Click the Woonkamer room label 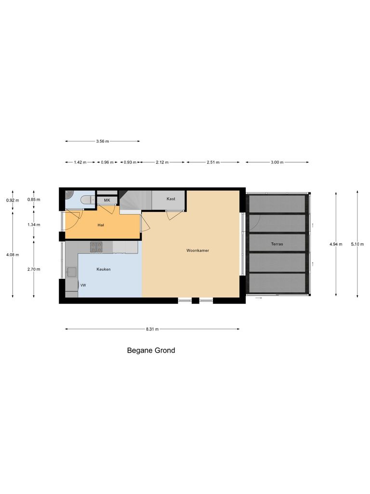point(198,251)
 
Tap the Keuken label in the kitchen point(104,269)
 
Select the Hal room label point(101,225)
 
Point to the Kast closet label point(171,199)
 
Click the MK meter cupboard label point(107,200)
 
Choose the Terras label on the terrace point(277,244)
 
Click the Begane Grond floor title point(151,351)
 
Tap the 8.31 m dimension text point(152,329)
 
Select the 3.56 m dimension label point(103,141)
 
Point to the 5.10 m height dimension point(357,244)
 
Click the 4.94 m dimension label point(336,244)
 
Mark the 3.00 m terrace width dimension point(277,163)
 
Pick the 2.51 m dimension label point(213,163)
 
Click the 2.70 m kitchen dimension point(34,269)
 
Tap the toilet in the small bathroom point(87,199)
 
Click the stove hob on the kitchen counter point(96,247)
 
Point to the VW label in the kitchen point(83,286)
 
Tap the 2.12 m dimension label point(162,163)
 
